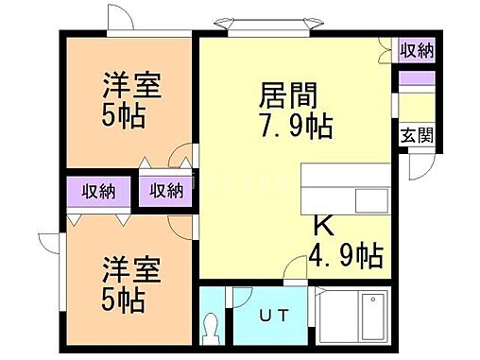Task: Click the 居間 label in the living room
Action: pyautogui.click(x=287, y=95)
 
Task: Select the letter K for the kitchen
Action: pyautogui.click(x=322, y=227)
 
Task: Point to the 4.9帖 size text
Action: pyautogui.click(x=345, y=254)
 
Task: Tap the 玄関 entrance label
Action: pyautogui.click(x=417, y=134)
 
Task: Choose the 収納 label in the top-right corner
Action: pyautogui.click(x=416, y=51)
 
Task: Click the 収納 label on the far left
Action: pyautogui.click(x=97, y=191)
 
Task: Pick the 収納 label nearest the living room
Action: pyautogui.click(x=167, y=191)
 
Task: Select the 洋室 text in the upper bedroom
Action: pyautogui.click(x=131, y=85)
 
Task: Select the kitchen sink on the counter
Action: pyautogui.click(x=369, y=200)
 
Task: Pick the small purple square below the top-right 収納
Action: pyautogui.click(x=416, y=77)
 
